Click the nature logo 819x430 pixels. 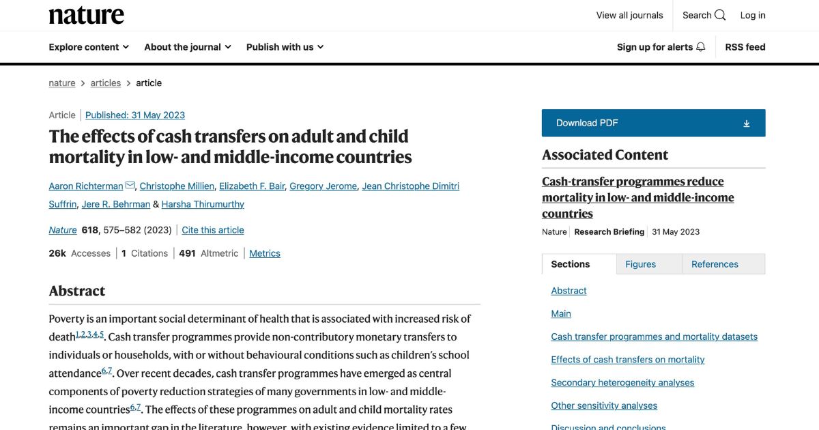[x=86, y=15]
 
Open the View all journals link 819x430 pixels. [x=629, y=15]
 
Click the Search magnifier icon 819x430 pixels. [x=720, y=15]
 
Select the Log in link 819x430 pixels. [x=753, y=15]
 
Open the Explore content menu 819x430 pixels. [x=89, y=47]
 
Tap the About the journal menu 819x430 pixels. [x=188, y=47]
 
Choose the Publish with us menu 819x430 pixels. [x=285, y=47]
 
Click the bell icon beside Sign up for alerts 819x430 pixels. [x=700, y=47]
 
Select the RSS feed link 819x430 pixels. [x=745, y=47]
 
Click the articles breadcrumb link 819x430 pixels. [x=106, y=83]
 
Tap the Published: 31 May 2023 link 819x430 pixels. [x=135, y=115]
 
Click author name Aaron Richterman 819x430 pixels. [x=86, y=186]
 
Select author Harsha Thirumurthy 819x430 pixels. [x=203, y=204]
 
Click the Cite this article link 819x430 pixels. [x=213, y=230]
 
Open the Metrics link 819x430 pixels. [x=265, y=253]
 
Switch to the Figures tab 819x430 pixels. [x=640, y=264]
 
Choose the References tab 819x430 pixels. [x=715, y=264]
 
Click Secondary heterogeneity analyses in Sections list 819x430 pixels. [x=622, y=382]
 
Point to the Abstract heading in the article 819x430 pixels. [x=77, y=291]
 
